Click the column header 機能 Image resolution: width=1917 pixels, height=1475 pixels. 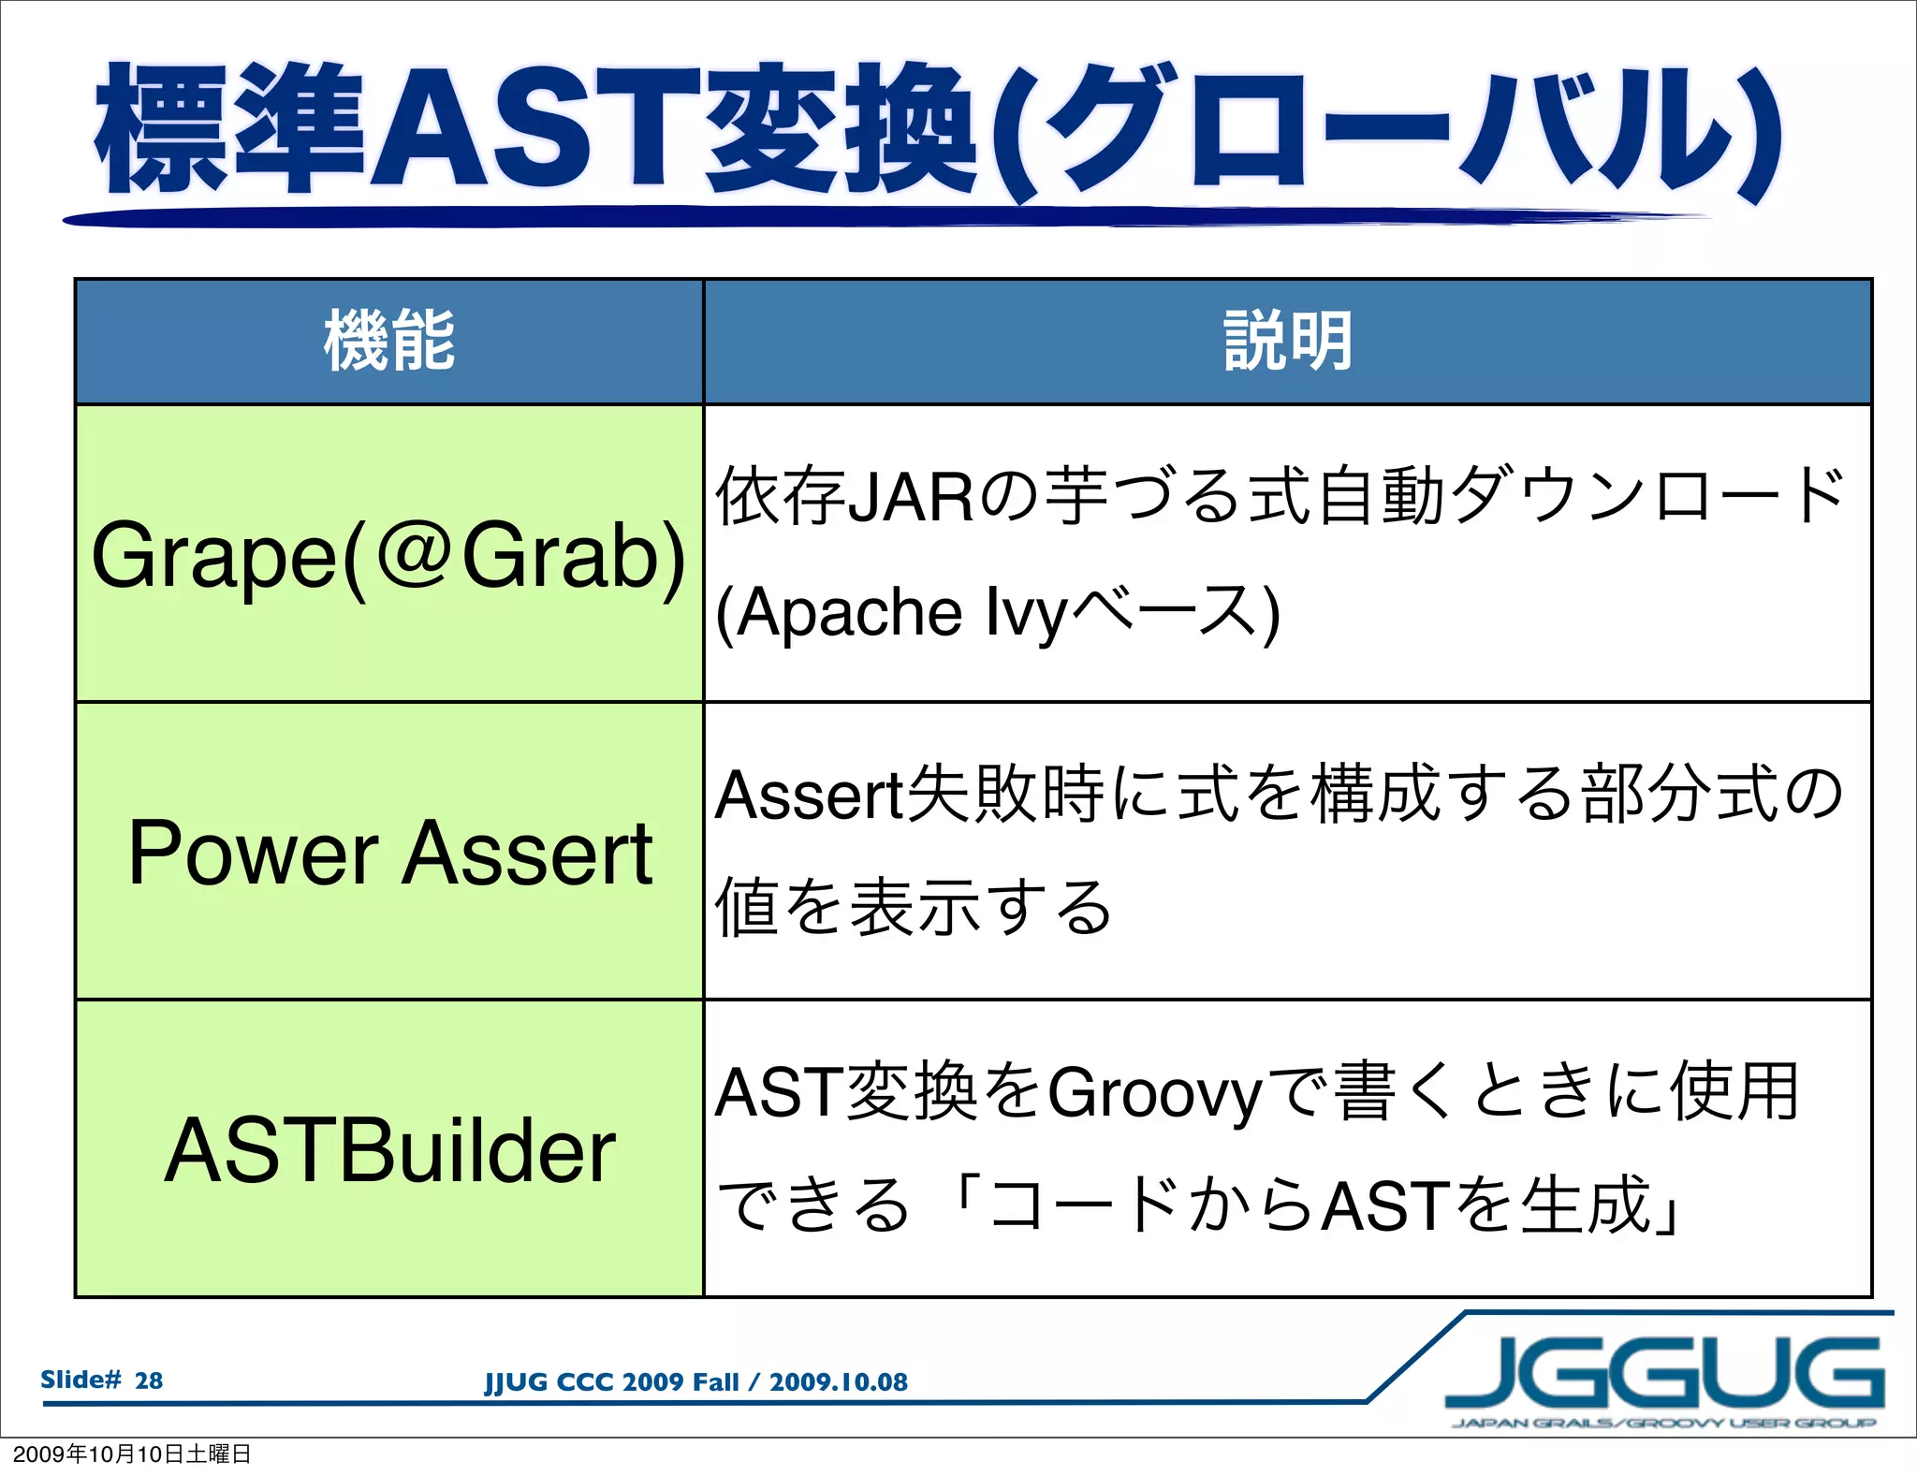[x=389, y=341]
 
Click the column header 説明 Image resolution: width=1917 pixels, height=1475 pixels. [x=1287, y=341]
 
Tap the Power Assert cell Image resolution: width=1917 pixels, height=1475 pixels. [x=389, y=852]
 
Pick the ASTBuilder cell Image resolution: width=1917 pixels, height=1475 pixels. [x=389, y=1150]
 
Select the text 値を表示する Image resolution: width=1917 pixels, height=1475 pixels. [x=913, y=907]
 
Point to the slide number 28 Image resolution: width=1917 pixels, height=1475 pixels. [x=148, y=1380]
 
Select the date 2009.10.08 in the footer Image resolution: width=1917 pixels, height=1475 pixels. [x=839, y=1382]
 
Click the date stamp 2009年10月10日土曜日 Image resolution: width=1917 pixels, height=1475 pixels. [x=132, y=1454]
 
